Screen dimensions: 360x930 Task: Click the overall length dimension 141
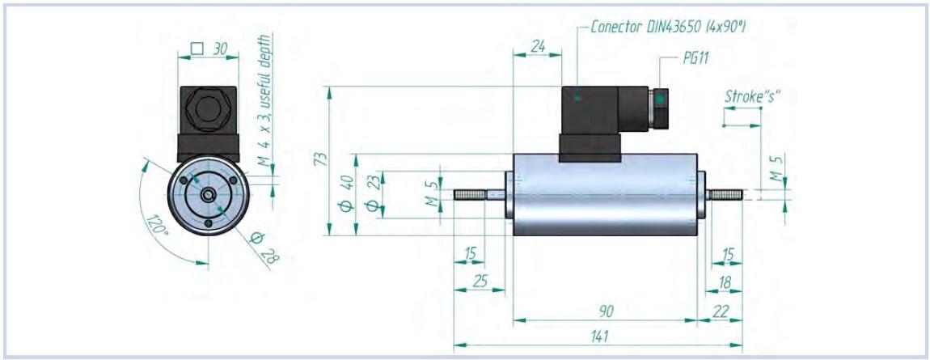[600, 336]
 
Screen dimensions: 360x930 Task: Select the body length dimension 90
[604, 310]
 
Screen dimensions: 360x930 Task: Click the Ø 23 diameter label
[372, 195]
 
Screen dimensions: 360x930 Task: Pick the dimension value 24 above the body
[537, 48]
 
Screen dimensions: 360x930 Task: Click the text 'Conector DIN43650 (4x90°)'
[667, 27]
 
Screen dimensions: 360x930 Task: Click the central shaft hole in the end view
[208, 194]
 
